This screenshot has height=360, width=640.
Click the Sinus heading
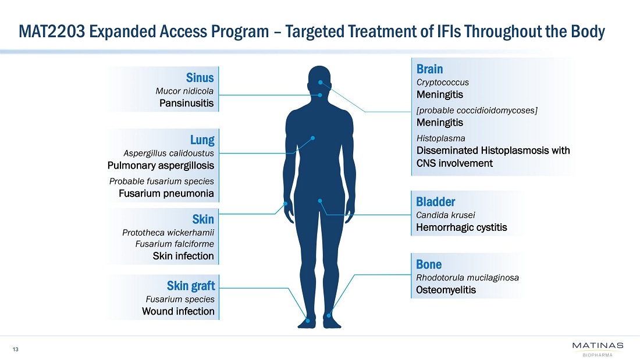[200, 77]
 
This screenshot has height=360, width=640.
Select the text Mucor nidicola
[184, 91]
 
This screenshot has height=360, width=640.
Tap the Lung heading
[202, 140]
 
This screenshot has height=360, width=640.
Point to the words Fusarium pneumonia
[166, 193]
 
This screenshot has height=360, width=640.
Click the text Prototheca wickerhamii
[168, 232]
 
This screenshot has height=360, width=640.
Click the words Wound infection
[178, 311]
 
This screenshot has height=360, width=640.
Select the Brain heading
[429, 69]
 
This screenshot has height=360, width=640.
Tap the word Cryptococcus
[443, 82]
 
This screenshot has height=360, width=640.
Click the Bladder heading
[435, 202]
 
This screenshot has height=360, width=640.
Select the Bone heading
[429, 265]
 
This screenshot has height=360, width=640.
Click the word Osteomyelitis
[446, 290]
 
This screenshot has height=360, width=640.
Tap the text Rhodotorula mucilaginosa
[468, 277]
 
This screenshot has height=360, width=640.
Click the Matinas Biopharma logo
[597, 349]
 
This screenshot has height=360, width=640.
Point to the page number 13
[16, 349]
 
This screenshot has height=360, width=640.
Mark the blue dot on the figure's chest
[313, 138]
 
